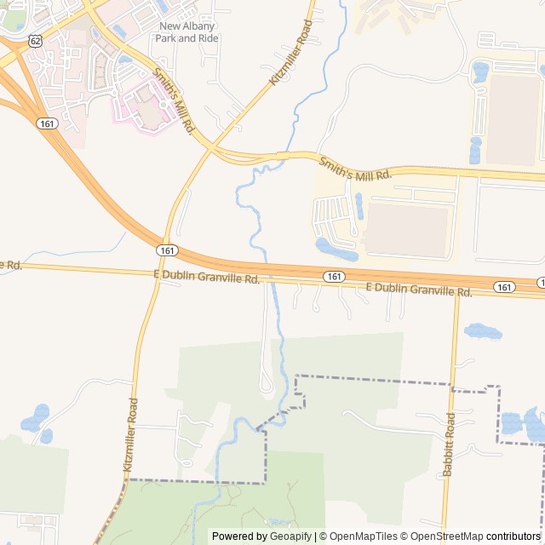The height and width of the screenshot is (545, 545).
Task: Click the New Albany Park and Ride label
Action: (x=188, y=32)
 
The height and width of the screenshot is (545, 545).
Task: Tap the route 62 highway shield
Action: (x=35, y=40)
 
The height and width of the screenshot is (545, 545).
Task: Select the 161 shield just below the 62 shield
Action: (x=47, y=123)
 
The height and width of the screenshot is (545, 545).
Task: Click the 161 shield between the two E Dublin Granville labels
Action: (x=334, y=277)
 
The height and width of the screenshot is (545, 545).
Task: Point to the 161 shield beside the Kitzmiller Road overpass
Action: (x=167, y=250)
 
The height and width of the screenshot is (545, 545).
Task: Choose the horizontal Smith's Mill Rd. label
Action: (x=354, y=168)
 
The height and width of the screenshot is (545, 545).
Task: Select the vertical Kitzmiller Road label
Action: (x=129, y=434)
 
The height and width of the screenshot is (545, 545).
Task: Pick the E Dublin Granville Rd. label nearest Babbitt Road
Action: (x=419, y=290)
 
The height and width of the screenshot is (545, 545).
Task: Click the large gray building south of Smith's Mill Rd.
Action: (x=406, y=229)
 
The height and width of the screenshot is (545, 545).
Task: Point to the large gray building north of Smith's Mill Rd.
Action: (x=513, y=119)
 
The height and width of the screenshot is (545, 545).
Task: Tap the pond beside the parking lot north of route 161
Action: (x=335, y=250)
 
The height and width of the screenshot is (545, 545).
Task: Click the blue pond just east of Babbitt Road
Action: (x=482, y=330)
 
